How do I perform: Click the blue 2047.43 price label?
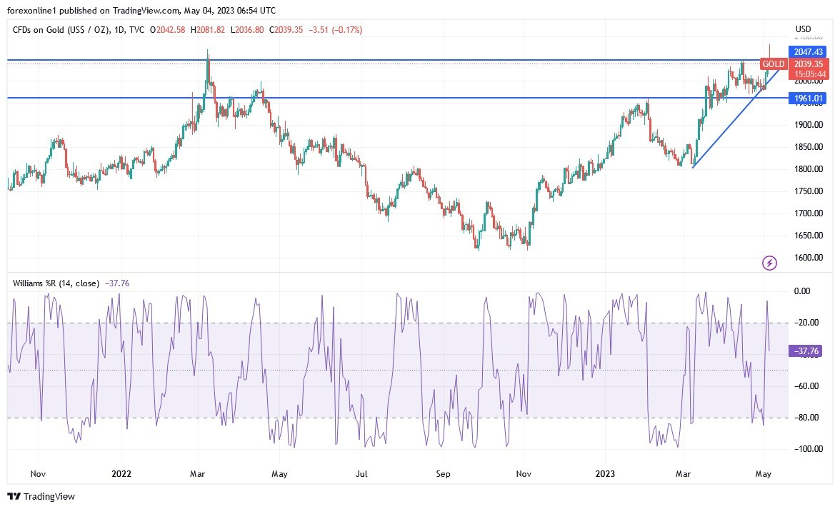pos(809,51)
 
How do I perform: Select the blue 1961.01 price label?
pos(809,99)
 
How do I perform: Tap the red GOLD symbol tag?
pos(773,64)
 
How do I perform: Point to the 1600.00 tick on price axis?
pos(809,258)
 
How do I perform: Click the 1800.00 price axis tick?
pos(809,169)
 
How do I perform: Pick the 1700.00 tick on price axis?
pos(809,213)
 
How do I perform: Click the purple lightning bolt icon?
pos(769,263)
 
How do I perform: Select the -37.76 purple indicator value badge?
pos(807,351)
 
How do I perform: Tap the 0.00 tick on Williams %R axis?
pos(802,291)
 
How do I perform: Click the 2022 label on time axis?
pos(121,473)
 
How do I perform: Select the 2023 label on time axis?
pos(605,473)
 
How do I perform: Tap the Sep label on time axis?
pos(443,473)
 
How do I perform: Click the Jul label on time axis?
pos(362,473)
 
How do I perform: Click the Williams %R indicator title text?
pos(56,283)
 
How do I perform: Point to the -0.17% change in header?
pos(348,30)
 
